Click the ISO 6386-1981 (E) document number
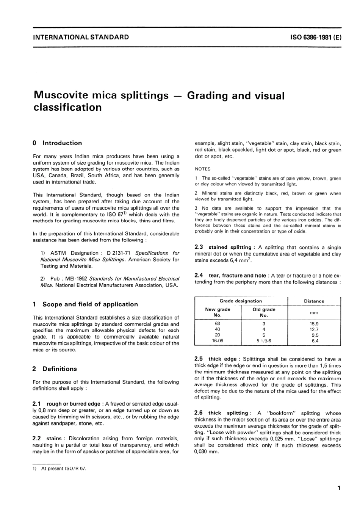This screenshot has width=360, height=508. [315, 37]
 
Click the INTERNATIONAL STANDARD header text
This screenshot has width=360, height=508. [81, 37]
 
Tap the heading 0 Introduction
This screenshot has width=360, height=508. [57, 143]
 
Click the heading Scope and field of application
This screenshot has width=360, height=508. [90, 304]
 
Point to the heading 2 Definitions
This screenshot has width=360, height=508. [55, 369]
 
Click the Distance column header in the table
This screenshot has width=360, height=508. [314, 301]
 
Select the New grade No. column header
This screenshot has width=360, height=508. [218, 312]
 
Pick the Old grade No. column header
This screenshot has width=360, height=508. [264, 312]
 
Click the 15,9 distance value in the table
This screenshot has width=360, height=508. [314, 324]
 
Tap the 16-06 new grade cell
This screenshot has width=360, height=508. [218, 341]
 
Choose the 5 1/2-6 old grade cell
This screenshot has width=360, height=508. [264, 341]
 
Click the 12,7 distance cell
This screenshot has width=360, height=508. [314, 329]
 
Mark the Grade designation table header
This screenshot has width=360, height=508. [241, 301]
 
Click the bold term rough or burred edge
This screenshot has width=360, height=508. [74, 404]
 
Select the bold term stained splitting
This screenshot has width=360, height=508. [230, 247]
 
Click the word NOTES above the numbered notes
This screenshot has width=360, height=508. [202, 169]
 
